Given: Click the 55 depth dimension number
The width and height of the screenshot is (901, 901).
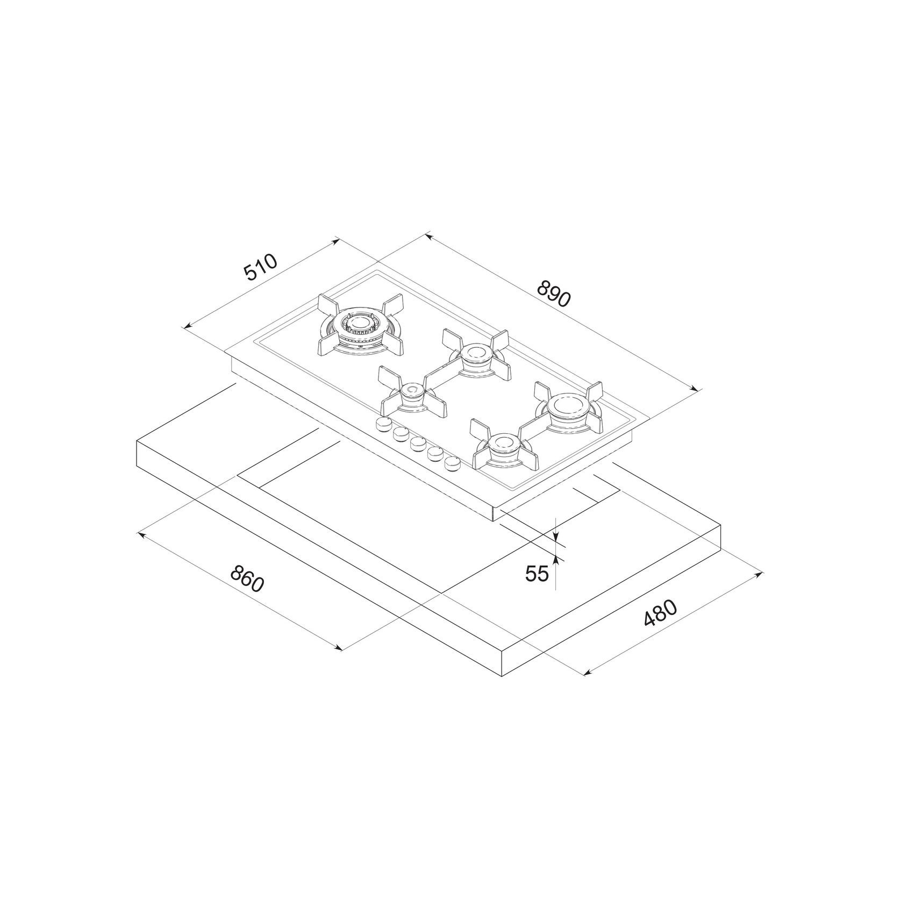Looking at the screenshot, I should (537, 574).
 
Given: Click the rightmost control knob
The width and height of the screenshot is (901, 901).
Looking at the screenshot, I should (453, 462).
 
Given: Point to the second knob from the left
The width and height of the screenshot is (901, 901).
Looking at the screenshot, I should (401, 434).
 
